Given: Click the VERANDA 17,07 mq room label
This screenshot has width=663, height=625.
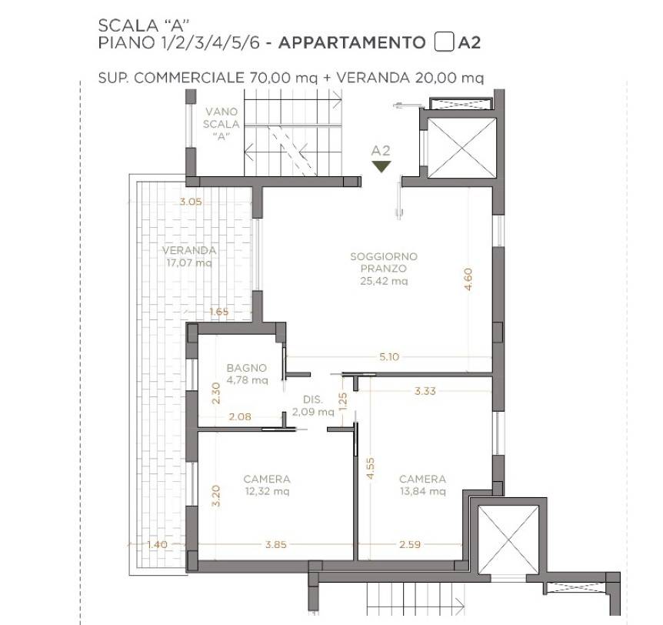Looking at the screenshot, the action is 189,256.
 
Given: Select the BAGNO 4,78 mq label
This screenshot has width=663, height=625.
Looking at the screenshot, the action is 247,374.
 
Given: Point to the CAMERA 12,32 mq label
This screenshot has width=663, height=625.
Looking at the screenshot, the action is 267,485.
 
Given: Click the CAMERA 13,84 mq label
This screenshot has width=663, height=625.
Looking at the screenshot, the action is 422,485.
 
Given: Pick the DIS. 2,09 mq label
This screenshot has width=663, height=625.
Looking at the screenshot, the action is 313,406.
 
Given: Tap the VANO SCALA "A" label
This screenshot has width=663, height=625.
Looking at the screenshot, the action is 222,124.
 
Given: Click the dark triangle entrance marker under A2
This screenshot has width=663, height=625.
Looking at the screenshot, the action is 381,166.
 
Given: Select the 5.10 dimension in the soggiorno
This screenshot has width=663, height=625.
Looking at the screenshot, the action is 389,356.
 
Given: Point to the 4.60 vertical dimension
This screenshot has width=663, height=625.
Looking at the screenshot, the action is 468,279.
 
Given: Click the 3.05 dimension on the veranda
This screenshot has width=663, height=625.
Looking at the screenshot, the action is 191,202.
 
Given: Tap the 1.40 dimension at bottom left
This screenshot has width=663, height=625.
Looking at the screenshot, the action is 158,544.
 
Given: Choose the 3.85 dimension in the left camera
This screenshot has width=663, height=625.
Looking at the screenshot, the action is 275,544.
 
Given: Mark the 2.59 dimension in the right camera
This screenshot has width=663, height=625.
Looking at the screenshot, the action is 410,544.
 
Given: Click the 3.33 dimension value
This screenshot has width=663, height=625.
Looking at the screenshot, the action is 425,391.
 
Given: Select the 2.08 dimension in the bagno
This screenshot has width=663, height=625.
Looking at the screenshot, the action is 240,417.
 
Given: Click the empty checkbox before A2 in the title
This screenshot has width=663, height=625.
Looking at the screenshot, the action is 444,42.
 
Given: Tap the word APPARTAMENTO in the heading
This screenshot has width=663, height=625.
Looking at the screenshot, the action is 351,43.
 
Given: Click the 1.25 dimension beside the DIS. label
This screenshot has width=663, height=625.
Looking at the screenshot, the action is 343,401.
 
